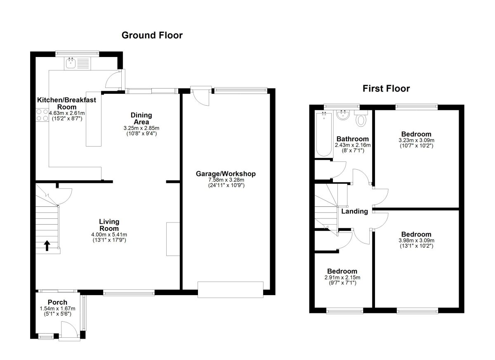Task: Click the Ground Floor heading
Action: (x=152, y=36)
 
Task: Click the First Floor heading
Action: (x=386, y=89)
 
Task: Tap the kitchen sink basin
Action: (x=71, y=63)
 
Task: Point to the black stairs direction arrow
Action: (x=47, y=246)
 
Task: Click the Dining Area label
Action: (x=141, y=118)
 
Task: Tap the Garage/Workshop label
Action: (x=226, y=174)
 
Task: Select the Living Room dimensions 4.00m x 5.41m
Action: (x=109, y=234)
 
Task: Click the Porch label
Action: (x=57, y=302)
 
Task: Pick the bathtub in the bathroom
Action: (x=324, y=134)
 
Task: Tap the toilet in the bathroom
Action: (x=361, y=118)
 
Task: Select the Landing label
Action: (x=354, y=211)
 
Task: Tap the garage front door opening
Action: (x=231, y=290)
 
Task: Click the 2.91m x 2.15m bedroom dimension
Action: (x=342, y=277)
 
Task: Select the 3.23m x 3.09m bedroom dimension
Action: (x=416, y=140)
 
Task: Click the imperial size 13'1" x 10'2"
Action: (x=416, y=246)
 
